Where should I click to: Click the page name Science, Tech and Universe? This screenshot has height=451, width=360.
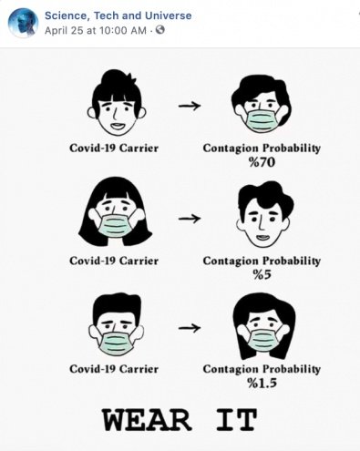[118, 15]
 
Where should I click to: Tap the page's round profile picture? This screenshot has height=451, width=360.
[23, 23]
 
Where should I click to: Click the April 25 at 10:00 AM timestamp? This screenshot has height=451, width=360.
[96, 30]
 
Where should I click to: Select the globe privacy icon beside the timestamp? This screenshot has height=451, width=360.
[160, 30]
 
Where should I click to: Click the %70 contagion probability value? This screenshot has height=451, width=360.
[262, 162]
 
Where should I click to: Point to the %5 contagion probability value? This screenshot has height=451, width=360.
[262, 275]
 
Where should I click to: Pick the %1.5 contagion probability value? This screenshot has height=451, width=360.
[262, 383]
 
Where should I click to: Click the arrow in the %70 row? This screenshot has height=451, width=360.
[190, 106]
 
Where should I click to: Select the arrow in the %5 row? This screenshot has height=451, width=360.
[190, 219]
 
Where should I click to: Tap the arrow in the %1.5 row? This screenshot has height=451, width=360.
[190, 328]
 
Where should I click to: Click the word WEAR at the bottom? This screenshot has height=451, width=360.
[147, 420]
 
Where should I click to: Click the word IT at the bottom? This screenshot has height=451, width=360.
[237, 420]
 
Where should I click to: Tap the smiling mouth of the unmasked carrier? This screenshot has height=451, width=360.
[117, 125]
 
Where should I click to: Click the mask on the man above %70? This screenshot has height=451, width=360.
[262, 120]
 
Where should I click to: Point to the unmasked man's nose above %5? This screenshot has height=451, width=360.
[262, 225]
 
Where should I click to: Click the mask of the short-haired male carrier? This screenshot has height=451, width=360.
[117, 343]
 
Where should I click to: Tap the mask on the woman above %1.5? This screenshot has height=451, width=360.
[262, 340]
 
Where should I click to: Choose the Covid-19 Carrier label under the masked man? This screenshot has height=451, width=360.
[114, 369]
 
